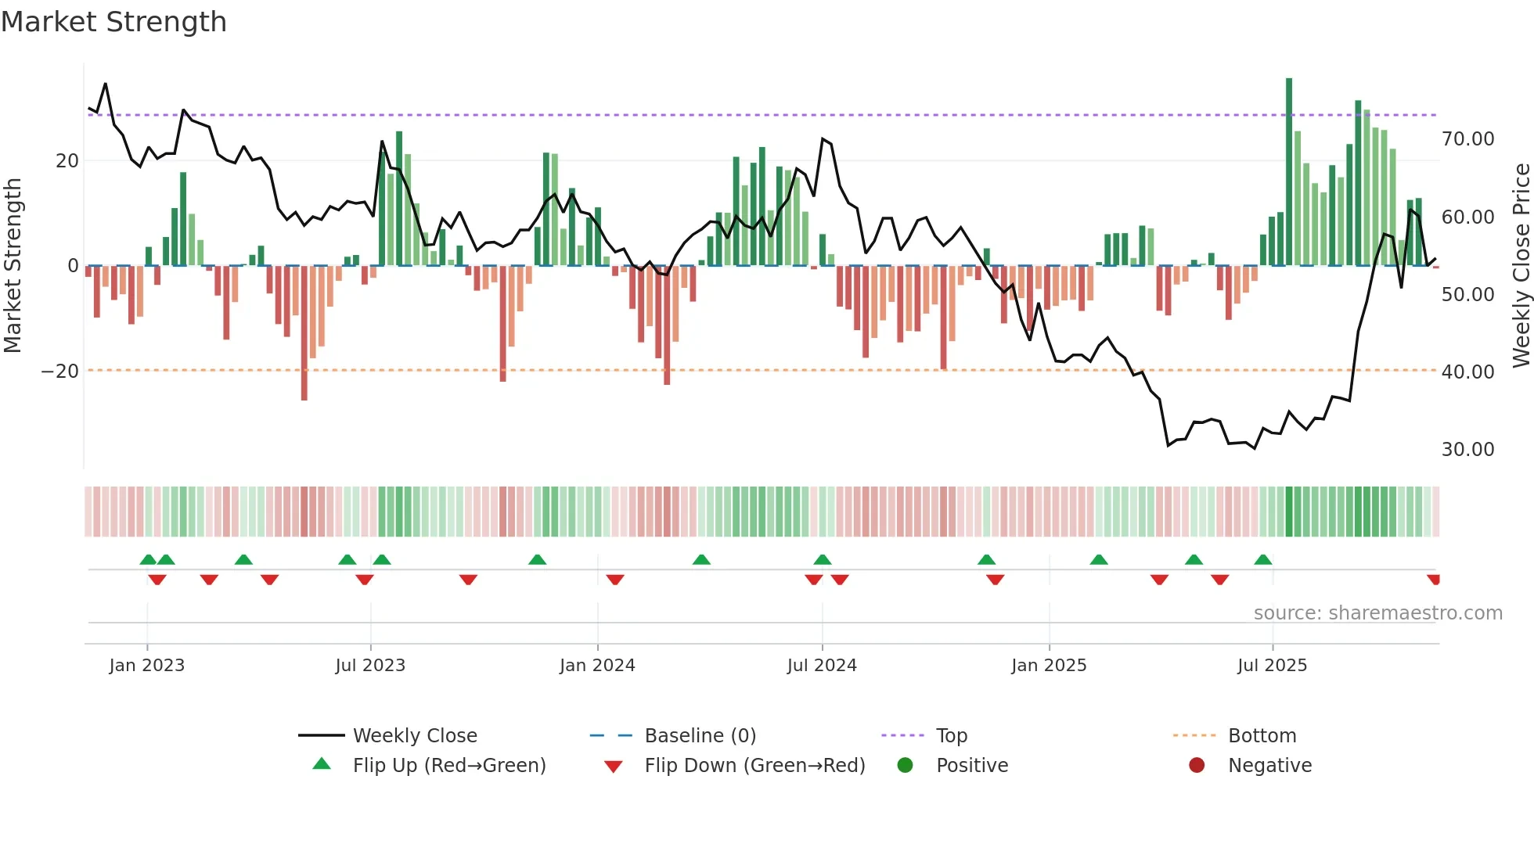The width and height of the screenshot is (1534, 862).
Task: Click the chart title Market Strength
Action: tap(113, 22)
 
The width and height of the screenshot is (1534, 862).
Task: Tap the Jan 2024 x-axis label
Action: tap(597, 666)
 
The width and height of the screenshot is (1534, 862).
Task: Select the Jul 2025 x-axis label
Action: tap(1272, 666)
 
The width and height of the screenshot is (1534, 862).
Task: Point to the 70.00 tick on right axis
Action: tap(1467, 139)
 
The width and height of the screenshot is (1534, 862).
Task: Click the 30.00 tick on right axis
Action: tap(1467, 450)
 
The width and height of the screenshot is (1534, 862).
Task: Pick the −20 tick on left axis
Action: tap(60, 372)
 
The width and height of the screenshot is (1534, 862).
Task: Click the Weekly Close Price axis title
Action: tap(1521, 266)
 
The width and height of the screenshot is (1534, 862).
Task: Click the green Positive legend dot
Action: tap(906, 766)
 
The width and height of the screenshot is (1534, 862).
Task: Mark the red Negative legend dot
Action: tap(1197, 766)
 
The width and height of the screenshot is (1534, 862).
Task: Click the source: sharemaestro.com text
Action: tap(1377, 613)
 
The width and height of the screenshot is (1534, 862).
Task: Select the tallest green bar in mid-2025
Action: tap(1289, 172)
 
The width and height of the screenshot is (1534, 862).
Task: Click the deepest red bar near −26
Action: tap(304, 332)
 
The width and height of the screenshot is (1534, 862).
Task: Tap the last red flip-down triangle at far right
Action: tap(1433, 580)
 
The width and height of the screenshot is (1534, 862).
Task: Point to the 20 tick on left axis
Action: tap(67, 161)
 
